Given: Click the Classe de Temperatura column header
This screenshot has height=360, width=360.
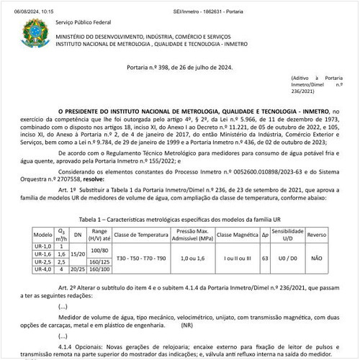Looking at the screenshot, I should pos(140,235).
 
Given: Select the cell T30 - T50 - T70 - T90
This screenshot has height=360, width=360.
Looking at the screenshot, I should pos(140,258).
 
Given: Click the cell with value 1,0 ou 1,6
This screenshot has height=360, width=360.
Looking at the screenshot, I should pos(192,258).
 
